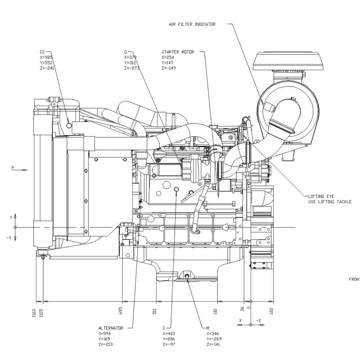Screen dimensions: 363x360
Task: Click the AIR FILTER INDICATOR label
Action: point(192,24)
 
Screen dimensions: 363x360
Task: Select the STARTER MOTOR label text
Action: point(178,52)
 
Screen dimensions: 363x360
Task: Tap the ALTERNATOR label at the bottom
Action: point(111,328)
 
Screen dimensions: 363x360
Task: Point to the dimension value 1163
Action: point(34,313)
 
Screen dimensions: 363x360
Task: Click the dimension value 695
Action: point(120,311)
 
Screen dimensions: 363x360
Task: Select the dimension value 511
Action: point(155,311)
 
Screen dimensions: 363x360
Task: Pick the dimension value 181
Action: point(216,311)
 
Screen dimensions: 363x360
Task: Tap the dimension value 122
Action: point(271,311)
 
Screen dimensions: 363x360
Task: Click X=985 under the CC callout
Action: point(46,57)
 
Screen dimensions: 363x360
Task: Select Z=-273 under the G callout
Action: point(132,68)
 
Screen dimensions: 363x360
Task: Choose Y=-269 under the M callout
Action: point(214,339)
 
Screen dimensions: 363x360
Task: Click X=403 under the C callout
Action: point(170,334)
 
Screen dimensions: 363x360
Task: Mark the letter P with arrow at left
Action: point(13,167)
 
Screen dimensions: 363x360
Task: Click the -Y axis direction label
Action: point(9,238)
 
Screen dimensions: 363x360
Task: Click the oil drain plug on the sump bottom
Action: point(187,276)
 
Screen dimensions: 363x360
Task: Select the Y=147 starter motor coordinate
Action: point(167,63)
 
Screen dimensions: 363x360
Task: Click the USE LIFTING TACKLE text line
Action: point(330,202)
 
